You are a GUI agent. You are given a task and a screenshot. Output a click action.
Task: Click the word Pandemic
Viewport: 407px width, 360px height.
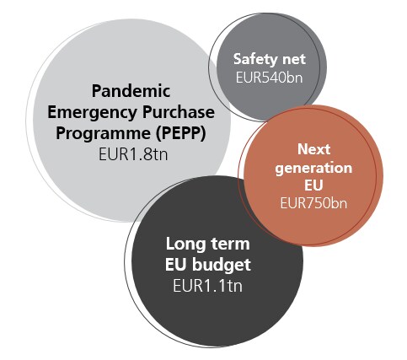[x=131, y=91]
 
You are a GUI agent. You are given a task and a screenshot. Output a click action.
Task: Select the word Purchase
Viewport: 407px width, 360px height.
[x=179, y=112]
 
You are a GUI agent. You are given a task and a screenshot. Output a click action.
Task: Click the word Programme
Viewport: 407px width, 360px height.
[x=104, y=134]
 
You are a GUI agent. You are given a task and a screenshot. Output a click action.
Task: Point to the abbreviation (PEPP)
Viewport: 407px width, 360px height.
[x=181, y=133]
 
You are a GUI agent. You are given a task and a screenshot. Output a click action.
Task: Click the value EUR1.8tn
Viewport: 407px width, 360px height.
[x=133, y=154]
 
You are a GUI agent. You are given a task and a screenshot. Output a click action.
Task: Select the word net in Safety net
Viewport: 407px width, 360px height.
[x=293, y=60]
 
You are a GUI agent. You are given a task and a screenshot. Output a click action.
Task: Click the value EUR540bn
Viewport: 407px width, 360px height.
[x=269, y=78]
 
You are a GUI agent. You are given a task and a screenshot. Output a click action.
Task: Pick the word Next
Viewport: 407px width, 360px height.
[x=313, y=149]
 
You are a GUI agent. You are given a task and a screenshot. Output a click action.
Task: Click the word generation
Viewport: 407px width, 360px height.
[x=313, y=169]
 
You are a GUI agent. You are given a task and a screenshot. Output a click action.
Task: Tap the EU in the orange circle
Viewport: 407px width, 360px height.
[x=313, y=185]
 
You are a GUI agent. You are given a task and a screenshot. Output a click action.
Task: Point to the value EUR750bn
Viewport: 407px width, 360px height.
[x=313, y=203]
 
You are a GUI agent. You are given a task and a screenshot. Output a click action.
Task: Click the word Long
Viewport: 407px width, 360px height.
[x=185, y=244]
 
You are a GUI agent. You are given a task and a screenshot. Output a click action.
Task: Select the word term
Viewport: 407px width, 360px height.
[x=230, y=244]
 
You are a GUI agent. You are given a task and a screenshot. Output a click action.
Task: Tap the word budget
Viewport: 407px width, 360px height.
[x=222, y=265]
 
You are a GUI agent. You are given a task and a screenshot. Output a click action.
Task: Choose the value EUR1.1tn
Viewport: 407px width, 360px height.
[x=207, y=286]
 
